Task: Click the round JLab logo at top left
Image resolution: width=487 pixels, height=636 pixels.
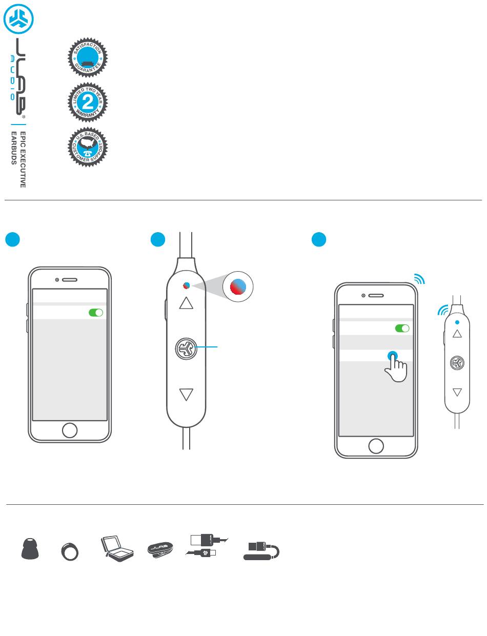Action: tap(18, 19)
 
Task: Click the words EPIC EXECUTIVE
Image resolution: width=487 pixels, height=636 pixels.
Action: tap(23, 159)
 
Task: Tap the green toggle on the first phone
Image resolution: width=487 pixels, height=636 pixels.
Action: tap(96, 313)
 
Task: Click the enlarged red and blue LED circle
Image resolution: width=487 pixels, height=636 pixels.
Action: tap(239, 287)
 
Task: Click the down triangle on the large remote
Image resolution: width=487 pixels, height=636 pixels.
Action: tap(187, 395)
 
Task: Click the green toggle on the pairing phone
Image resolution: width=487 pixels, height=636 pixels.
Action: tap(402, 328)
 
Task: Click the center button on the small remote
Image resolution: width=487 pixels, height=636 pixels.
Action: tap(457, 363)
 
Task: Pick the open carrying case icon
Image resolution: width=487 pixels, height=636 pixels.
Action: tap(117, 547)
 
